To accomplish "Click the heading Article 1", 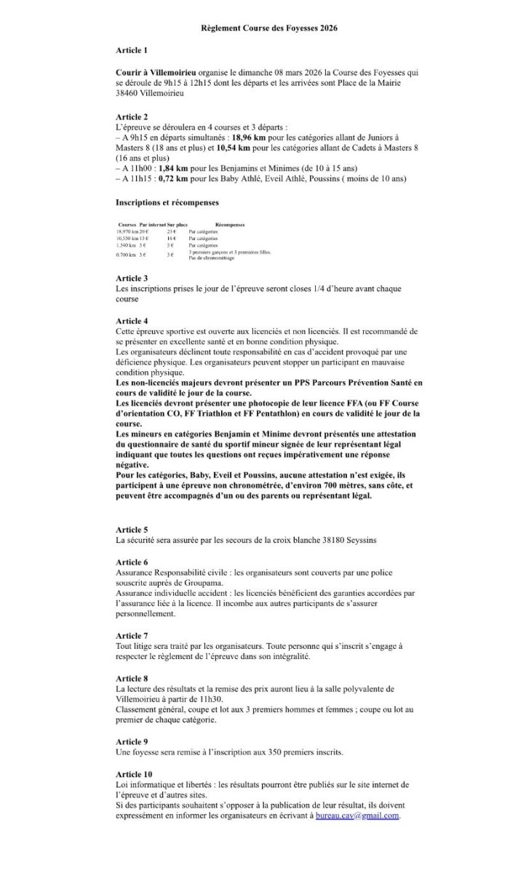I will tap(132, 50).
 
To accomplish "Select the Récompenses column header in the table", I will tap(230, 225).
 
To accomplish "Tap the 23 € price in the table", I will tap(172, 231).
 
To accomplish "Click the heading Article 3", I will tap(132, 279).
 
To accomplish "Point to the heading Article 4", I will tap(132, 321).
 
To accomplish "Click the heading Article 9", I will tap(132, 741).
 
